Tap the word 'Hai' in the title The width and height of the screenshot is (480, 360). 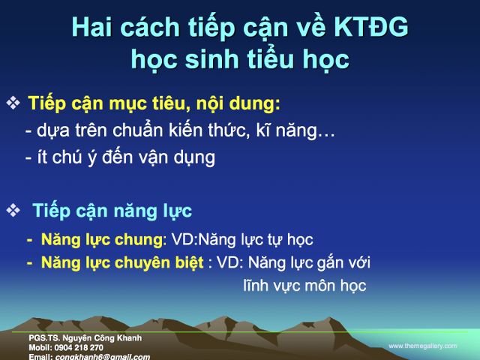point(97,28)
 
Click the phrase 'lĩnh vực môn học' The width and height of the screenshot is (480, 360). point(304,286)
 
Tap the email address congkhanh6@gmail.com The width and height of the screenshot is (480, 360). point(102,356)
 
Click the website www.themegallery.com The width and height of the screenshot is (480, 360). point(422,346)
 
